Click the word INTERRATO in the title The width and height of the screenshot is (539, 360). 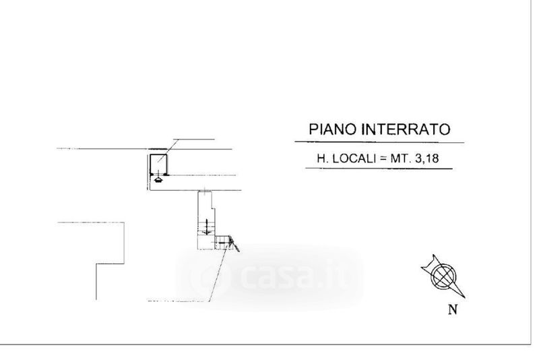pyautogui.click(x=406, y=129)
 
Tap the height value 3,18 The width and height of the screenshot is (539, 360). pyautogui.click(x=427, y=158)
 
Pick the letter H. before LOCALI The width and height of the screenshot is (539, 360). pyautogui.click(x=323, y=158)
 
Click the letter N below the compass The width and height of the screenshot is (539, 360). pyautogui.click(x=453, y=309)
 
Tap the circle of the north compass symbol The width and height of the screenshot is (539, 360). pyautogui.click(x=444, y=276)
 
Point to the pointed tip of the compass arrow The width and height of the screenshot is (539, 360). pyautogui.click(x=465, y=298)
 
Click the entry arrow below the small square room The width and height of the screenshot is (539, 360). pyautogui.click(x=158, y=178)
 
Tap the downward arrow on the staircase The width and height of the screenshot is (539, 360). pyautogui.click(x=207, y=227)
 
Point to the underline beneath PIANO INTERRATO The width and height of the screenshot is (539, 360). pyautogui.click(x=379, y=142)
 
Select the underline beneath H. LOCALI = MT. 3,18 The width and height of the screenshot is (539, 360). pyautogui.click(x=379, y=169)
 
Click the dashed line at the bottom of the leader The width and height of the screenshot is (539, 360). pyautogui.click(x=176, y=301)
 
